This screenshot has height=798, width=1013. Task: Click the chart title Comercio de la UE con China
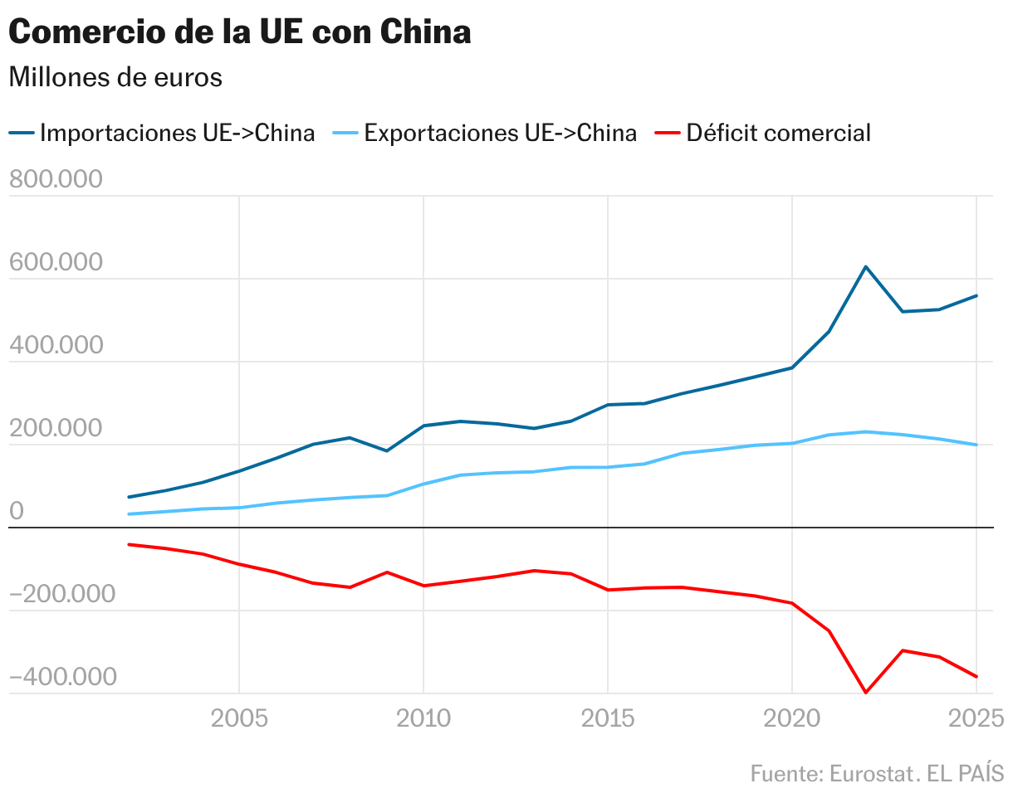point(240,32)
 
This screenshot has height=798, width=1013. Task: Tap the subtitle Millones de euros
point(115,77)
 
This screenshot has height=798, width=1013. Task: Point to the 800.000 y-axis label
point(56,179)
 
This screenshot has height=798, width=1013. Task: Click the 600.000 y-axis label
point(56,262)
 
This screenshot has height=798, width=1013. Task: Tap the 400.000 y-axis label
point(56,345)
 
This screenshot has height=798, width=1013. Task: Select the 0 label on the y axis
point(17,512)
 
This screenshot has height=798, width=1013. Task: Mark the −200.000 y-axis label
point(62,594)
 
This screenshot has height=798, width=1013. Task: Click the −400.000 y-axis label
point(62,677)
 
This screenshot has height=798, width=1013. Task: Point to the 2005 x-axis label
point(239,718)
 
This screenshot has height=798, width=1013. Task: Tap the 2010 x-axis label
point(423,718)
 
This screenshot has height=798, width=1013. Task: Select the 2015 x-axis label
point(608,718)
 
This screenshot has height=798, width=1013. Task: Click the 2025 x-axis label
point(976,718)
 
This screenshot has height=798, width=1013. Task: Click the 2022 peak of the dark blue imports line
point(866,266)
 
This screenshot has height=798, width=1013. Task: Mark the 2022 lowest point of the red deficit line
point(866,693)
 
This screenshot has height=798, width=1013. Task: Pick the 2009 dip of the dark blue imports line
point(387,450)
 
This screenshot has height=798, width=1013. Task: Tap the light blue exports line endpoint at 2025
point(976,445)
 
